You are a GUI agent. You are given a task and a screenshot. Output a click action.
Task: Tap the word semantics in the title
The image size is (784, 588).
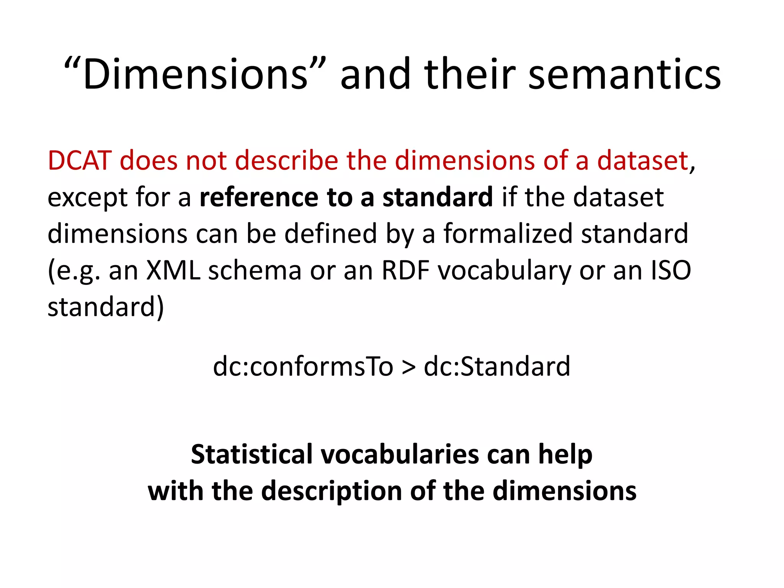click(x=624, y=74)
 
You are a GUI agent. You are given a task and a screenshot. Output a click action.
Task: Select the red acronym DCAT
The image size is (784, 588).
click(x=80, y=160)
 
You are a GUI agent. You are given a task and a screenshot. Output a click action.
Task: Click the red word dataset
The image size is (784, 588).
click(x=643, y=160)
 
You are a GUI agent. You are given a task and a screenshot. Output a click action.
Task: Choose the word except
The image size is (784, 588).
click(x=87, y=198)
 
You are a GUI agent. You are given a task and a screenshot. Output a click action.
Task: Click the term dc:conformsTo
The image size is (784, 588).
click(x=303, y=366)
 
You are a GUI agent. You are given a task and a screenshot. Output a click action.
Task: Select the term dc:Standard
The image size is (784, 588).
click(x=497, y=366)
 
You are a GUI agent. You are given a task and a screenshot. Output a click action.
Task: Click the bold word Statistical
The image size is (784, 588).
click(x=252, y=454)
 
